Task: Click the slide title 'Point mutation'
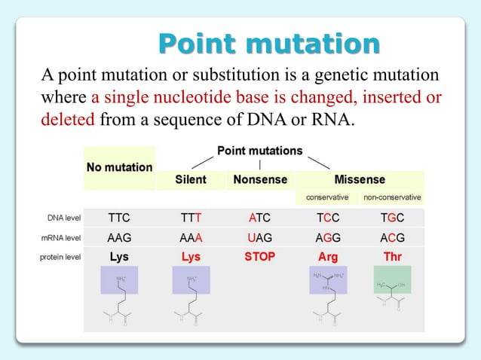[269, 43]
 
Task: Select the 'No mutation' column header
[119, 166]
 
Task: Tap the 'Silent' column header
[191, 180]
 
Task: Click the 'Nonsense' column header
[260, 180]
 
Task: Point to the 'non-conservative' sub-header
[392, 197]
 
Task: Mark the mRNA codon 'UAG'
[260, 238]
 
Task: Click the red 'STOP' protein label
[260, 257]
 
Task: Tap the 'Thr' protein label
[392, 257]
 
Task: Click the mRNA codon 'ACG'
[392, 238]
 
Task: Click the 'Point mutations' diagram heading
[259, 151]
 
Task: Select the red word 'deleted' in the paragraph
[67, 118]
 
